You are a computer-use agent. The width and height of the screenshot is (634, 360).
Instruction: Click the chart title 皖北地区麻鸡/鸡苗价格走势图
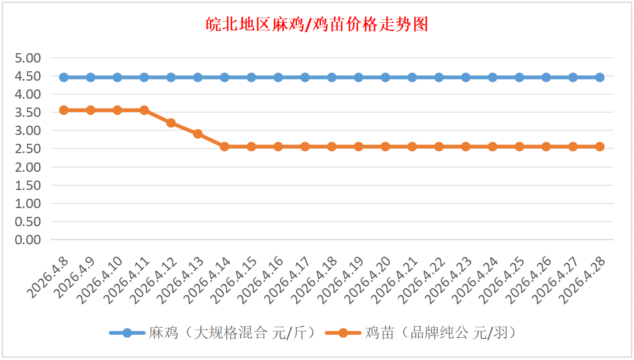[x=317, y=24]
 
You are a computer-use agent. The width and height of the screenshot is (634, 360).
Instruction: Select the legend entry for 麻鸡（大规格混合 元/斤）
[x=214, y=333]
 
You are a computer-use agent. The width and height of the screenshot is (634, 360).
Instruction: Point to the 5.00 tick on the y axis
[x=28, y=58]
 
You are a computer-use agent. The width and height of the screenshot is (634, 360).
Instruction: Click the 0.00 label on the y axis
[x=28, y=240]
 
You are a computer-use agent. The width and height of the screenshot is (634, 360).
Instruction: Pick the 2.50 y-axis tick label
[x=28, y=148]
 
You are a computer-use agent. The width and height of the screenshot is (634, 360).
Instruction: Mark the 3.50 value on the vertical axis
[x=28, y=112]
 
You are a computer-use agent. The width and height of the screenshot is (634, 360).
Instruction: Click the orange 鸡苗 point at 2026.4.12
[x=171, y=123]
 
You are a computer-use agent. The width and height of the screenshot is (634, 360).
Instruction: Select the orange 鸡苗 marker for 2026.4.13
[x=198, y=134]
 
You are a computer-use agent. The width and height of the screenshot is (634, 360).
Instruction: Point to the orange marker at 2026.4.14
[x=225, y=147]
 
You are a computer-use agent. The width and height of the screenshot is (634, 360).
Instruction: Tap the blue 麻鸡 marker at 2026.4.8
[x=64, y=77]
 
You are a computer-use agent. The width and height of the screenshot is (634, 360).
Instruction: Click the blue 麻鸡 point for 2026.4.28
[x=600, y=77]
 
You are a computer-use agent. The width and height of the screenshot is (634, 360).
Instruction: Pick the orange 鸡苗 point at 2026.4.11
[x=144, y=110]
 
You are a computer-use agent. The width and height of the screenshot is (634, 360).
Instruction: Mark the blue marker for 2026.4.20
[x=386, y=77]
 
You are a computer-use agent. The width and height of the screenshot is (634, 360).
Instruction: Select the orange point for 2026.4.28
[x=600, y=147]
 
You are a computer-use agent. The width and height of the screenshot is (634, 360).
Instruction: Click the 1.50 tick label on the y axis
[x=28, y=185]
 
